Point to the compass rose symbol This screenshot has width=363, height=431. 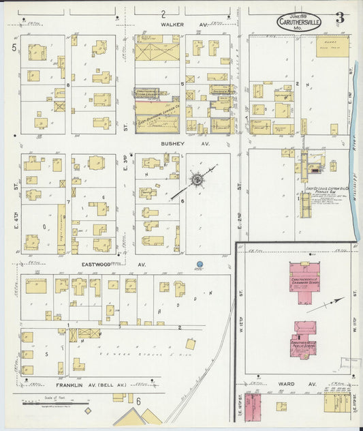196,180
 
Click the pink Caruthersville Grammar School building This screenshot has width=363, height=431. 305,281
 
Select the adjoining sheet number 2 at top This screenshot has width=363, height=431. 163,14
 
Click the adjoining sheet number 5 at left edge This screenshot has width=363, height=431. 13,46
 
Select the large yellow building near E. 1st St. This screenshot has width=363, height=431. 332,46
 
